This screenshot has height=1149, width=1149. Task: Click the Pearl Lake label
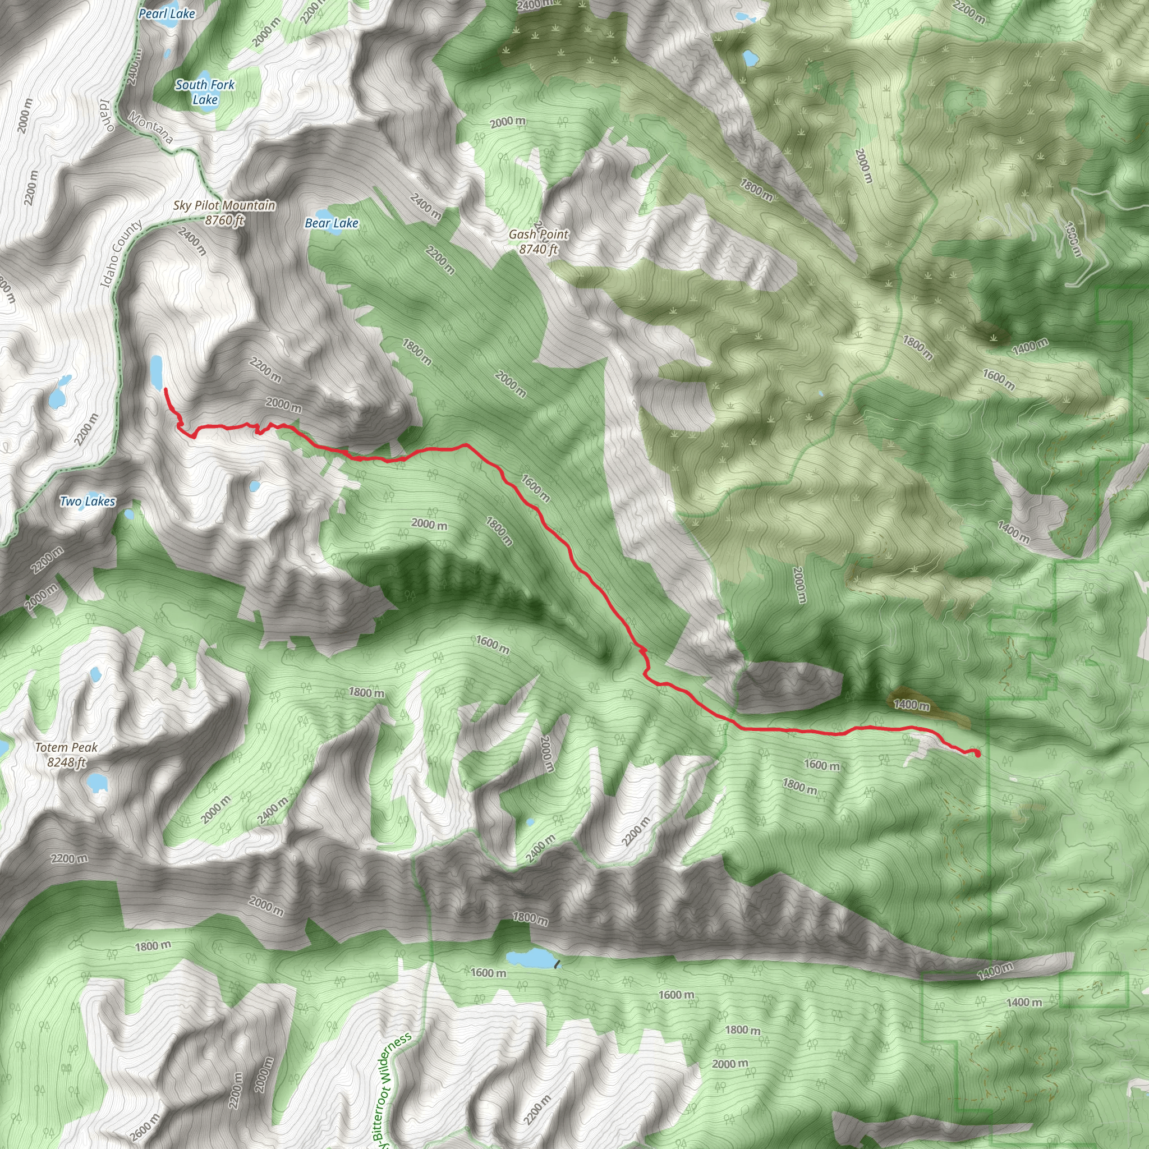coord(167,13)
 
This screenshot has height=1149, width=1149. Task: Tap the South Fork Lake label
coord(205,92)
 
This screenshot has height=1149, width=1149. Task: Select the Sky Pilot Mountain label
coord(224,206)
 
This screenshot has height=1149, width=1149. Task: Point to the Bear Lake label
coord(331,224)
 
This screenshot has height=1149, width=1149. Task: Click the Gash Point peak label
coord(538,235)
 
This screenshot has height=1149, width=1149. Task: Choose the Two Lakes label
coord(88,502)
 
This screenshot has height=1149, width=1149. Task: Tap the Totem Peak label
coord(66,747)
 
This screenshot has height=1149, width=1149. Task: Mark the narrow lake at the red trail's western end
coord(157,370)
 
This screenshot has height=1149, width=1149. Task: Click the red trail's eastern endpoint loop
coord(977,753)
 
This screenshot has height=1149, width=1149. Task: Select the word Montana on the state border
coord(150,128)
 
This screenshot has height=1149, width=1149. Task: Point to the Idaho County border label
coord(121,255)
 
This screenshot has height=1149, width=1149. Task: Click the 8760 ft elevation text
coord(224,220)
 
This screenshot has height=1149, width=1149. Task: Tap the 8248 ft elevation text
coord(67,762)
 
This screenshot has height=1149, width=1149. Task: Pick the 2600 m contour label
coord(144,1127)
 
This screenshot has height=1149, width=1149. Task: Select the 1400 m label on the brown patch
coord(912,705)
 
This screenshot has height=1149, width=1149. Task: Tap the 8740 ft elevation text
coord(538,250)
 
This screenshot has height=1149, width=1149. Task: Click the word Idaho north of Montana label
coord(107,115)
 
